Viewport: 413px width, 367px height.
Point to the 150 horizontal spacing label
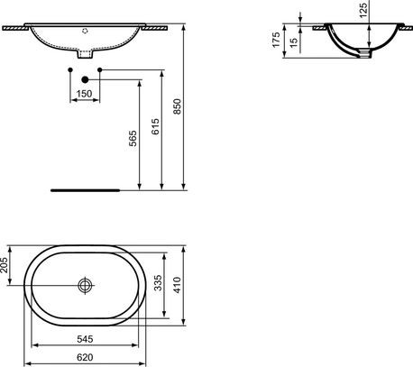tap(83, 94)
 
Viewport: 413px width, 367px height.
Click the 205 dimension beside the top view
tap(5, 263)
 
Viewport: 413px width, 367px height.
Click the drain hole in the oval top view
tap(86, 286)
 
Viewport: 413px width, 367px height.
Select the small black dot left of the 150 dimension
tap(70, 69)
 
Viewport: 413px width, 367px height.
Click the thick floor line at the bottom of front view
tap(86, 191)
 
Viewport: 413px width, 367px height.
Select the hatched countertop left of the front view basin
tap(12, 28)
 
